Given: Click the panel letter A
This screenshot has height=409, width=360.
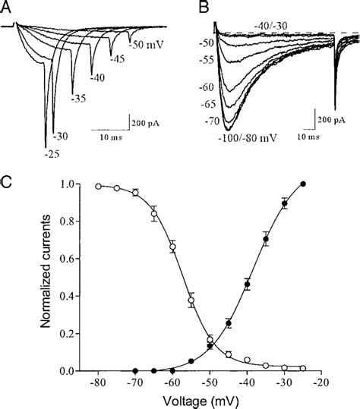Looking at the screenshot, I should tap(8, 8).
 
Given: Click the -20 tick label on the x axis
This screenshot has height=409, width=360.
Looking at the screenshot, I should tap(322, 385).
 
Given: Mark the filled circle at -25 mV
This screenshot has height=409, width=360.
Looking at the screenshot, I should tap(304, 184).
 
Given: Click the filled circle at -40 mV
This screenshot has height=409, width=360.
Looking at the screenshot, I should tap(248, 285).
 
